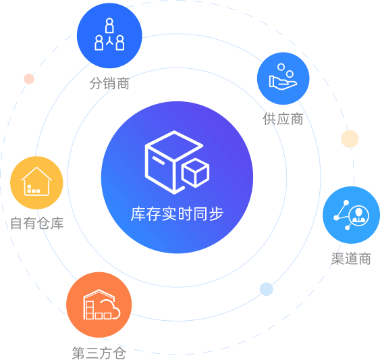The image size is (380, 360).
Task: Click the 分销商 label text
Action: (x=109, y=84)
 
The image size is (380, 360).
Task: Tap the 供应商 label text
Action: (x=283, y=119)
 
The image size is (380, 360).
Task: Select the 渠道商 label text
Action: (x=351, y=259)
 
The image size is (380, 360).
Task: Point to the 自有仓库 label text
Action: (x=37, y=223)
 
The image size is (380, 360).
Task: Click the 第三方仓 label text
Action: (x=99, y=353)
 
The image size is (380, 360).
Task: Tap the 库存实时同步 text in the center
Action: (x=177, y=214)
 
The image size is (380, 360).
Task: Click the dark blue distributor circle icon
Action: (x=109, y=35)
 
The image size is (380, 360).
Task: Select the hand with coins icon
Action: (x=283, y=78)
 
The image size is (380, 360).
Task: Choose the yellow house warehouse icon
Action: (x=36, y=182)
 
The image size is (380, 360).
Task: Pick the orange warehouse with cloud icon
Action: (x=99, y=305)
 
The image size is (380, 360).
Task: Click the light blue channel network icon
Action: (x=351, y=215)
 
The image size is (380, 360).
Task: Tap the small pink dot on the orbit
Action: (x=29, y=79)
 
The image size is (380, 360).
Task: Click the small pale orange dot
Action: (x=350, y=138)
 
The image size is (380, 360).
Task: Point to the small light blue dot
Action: (x=267, y=289)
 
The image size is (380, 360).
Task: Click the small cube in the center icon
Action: (x=195, y=173)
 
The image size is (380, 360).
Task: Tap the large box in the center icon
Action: (x=173, y=162)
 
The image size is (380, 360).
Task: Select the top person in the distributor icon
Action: (x=109, y=26)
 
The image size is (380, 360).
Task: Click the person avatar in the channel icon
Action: (x=358, y=215)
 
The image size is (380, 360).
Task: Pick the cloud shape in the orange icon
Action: (x=110, y=309)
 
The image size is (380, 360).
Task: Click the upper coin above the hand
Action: (x=281, y=67)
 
